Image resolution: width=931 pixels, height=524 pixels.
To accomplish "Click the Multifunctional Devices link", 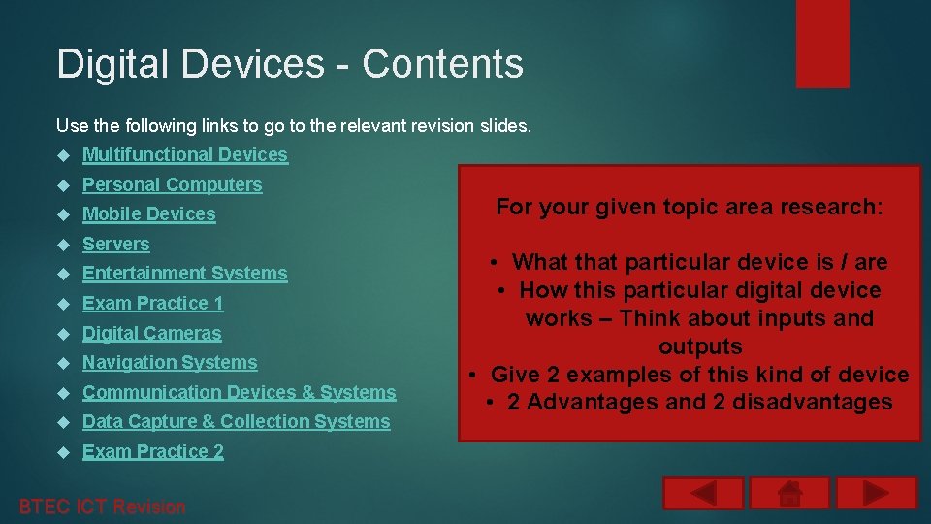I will pyautogui.click(x=184, y=155).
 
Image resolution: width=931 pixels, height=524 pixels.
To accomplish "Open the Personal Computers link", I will pyautogui.click(x=172, y=184).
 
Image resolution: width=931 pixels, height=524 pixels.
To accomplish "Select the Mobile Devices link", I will pyautogui.click(x=148, y=214).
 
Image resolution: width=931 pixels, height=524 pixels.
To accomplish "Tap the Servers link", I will pyautogui.click(x=115, y=244).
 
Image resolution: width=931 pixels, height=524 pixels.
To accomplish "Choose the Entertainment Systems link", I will pyautogui.click(x=184, y=274).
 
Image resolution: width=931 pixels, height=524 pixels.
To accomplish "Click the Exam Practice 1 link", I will pyautogui.click(x=152, y=304).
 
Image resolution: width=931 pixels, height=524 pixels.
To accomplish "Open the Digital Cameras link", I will pyautogui.click(x=151, y=333).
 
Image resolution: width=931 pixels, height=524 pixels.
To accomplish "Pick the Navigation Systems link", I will pyautogui.click(x=170, y=363).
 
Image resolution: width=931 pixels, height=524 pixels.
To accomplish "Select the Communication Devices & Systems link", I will pyautogui.click(x=239, y=392).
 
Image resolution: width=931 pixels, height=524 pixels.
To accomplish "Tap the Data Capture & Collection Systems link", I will pyautogui.click(x=236, y=422).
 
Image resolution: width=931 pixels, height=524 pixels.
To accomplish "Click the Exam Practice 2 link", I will pyautogui.click(x=152, y=452).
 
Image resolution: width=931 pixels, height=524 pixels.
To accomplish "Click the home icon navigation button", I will pyautogui.click(x=789, y=493).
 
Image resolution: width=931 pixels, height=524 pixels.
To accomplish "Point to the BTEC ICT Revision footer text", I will pyautogui.click(x=102, y=507).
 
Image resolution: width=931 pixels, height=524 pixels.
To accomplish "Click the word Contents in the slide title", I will pyautogui.click(x=442, y=64).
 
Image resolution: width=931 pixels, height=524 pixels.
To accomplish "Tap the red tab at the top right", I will pyautogui.click(x=821, y=44).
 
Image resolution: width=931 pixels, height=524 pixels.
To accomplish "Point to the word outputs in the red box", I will pyautogui.click(x=700, y=346).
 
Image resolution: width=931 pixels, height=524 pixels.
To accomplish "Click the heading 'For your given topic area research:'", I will pyautogui.click(x=690, y=207).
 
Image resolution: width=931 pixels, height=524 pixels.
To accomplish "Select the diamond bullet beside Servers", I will pyautogui.click(x=63, y=245).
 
